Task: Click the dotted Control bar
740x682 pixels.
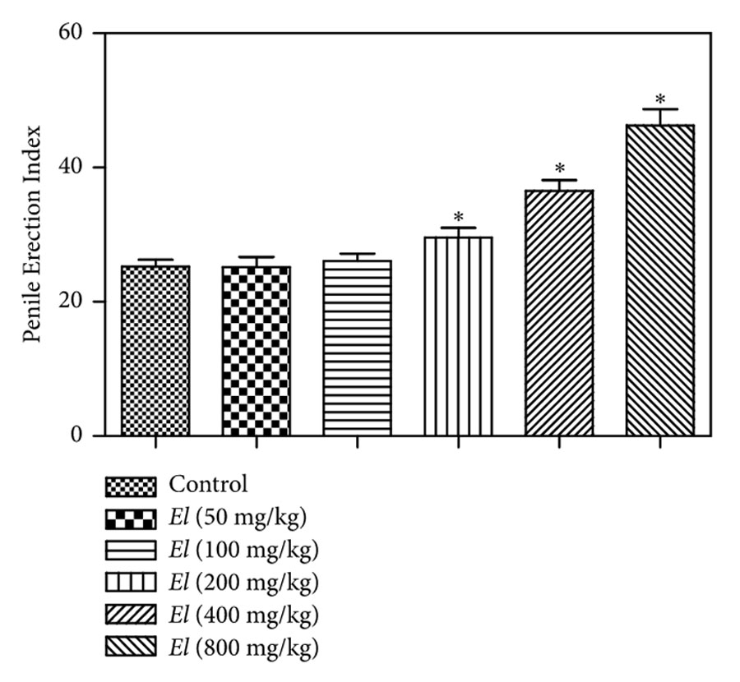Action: click(155, 351)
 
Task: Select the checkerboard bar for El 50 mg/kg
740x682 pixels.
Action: click(256, 351)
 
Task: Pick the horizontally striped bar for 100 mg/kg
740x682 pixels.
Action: click(357, 348)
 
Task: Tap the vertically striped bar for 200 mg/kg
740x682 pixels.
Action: click(458, 337)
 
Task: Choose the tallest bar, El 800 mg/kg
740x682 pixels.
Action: click(660, 280)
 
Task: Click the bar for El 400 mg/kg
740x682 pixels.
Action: click(559, 313)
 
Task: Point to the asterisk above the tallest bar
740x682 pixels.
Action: click(660, 99)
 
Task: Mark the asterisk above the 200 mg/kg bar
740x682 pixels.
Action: click(458, 218)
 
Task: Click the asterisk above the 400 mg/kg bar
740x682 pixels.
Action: click(559, 169)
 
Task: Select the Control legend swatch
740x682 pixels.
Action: click(131, 486)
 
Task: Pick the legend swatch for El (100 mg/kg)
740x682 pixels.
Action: click(131, 551)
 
